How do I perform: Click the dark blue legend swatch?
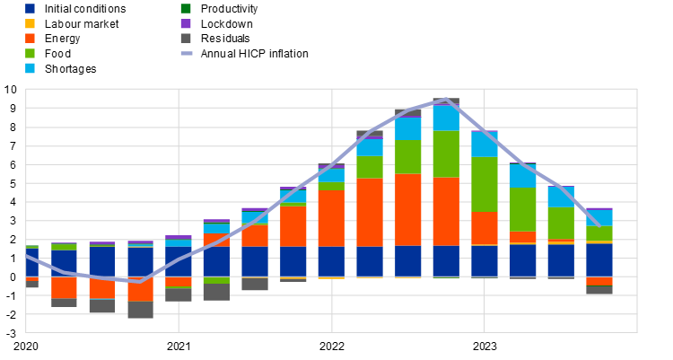30,9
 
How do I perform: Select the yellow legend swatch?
30,23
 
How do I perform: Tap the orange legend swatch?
30,39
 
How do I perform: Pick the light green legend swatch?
30,53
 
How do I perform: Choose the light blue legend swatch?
30,68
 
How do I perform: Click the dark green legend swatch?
186,9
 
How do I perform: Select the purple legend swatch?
186,23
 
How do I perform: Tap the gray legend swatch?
186,39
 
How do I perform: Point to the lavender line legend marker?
186,53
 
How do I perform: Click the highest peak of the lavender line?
446,100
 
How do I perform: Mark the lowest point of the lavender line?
140,281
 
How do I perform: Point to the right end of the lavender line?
599,224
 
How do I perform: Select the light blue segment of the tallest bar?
446,119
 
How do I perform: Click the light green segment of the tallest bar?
446,154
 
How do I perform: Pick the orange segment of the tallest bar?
446,211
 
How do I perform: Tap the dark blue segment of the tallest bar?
446,260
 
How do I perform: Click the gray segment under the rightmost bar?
599,289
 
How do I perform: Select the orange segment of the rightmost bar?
599,281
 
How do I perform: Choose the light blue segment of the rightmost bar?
599,217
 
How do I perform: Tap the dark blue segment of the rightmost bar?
599,259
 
